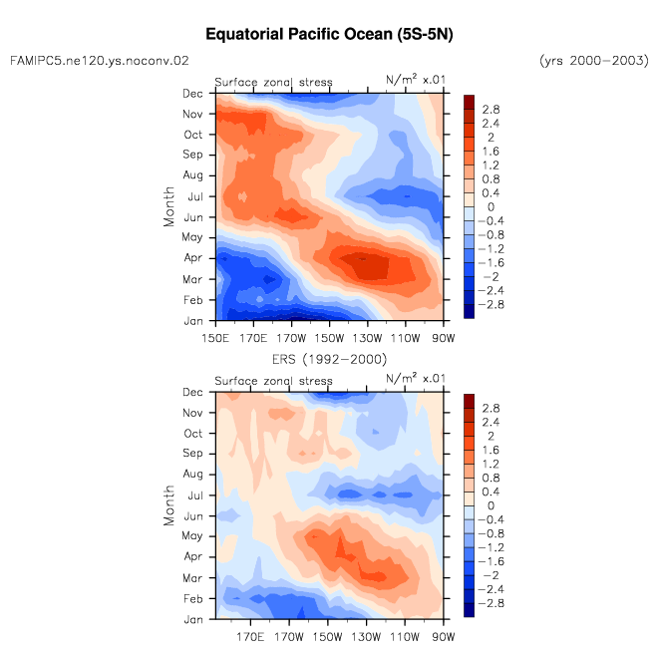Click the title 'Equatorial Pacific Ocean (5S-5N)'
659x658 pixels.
[329, 35]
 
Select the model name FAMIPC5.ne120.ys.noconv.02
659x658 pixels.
[99, 61]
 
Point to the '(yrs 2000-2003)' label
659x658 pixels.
[594, 61]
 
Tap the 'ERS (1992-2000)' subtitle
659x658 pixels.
[329, 359]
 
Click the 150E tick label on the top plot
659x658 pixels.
[215, 338]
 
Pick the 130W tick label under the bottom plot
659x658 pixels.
[366, 637]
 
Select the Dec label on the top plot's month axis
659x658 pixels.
[192, 94]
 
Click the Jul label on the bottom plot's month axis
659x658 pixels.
[195, 495]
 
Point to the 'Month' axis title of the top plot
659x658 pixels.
[168, 206]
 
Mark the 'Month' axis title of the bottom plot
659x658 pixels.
[168, 505]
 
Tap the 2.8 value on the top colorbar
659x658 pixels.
[491, 110]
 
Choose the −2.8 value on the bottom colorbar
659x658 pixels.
[491, 603]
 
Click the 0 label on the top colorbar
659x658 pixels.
[491, 207]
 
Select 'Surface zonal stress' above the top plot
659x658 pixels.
[273, 82]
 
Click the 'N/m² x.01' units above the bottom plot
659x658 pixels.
[415, 378]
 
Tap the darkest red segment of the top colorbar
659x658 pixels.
[469, 102]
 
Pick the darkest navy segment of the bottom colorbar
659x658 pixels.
[469, 610]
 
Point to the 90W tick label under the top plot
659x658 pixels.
[444, 338]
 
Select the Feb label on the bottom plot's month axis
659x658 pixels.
[192, 599]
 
